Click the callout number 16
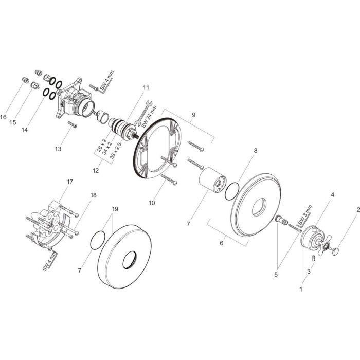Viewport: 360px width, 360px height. point(3,117)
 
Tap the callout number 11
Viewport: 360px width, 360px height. point(146,87)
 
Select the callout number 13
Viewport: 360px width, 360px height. point(58,149)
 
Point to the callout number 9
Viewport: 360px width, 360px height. point(193,115)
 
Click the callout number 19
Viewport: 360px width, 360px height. point(115,209)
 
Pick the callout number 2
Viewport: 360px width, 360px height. point(358,209)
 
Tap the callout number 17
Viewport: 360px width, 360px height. point(70,182)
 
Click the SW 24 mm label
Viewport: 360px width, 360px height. point(149,116)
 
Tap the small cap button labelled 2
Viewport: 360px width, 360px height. point(335,251)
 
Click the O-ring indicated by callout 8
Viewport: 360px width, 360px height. point(232,191)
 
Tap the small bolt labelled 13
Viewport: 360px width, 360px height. point(73,124)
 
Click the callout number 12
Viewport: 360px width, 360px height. point(96,170)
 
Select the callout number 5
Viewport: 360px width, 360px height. point(276,274)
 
